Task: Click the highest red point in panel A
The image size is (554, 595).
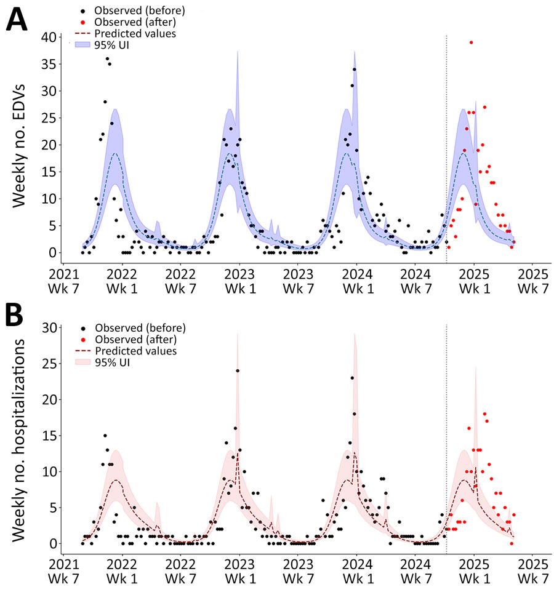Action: pyautogui.click(x=471, y=42)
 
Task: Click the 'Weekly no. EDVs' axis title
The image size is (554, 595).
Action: pyautogui.click(x=18, y=145)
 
